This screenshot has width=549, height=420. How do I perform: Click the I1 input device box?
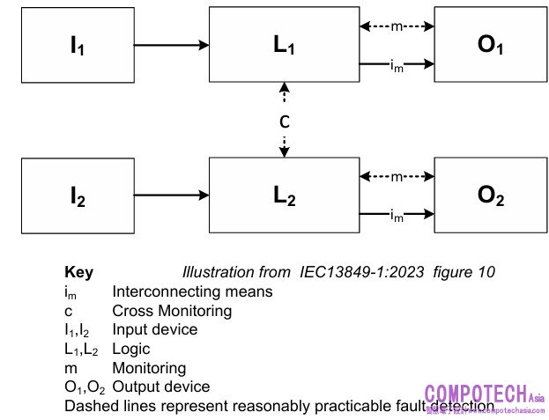(x=78, y=45)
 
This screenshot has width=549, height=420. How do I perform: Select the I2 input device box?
(x=78, y=196)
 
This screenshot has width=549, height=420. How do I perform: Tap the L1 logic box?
(x=284, y=45)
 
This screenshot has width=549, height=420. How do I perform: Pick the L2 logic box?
(x=284, y=196)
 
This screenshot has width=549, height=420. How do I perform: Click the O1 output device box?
(x=490, y=45)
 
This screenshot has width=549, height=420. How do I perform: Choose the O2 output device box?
(x=490, y=196)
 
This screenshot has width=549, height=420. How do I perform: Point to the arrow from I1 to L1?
(x=171, y=43)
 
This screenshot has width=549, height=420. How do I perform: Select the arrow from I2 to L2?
(x=171, y=195)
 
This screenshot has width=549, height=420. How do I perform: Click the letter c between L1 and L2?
(x=284, y=122)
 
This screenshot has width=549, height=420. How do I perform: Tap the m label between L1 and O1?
(x=397, y=26)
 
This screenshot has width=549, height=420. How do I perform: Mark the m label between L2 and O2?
(x=397, y=177)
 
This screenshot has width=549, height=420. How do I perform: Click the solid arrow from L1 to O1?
(x=414, y=63)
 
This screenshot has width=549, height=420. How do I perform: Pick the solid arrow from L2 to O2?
(x=414, y=214)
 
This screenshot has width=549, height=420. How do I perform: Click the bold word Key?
(x=78, y=272)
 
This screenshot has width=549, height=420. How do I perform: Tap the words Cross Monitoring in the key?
(x=172, y=310)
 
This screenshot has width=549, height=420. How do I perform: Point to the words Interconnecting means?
(x=192, y=291)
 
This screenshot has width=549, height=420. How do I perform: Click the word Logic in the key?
(x=131, y=349)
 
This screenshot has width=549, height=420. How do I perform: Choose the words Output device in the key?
(x=160, y=387)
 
